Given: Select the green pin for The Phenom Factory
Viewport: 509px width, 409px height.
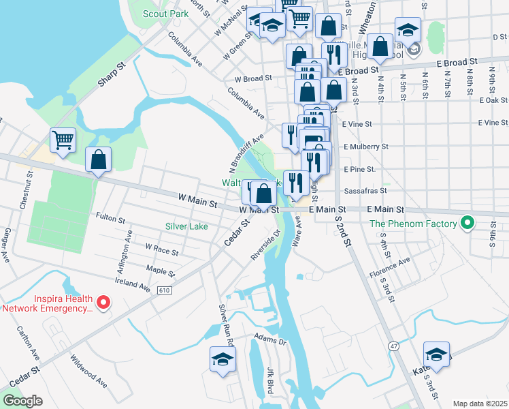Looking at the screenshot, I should [467, 223].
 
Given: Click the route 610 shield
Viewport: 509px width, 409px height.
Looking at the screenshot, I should [167, 290].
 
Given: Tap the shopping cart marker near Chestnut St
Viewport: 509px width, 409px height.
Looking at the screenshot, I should [63, 140].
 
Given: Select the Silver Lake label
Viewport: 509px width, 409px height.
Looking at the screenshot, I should [186, 226].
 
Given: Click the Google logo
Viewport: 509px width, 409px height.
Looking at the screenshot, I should [22, 402].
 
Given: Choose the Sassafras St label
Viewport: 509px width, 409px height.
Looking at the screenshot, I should [366, 192].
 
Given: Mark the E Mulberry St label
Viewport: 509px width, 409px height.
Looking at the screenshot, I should [365, 146].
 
